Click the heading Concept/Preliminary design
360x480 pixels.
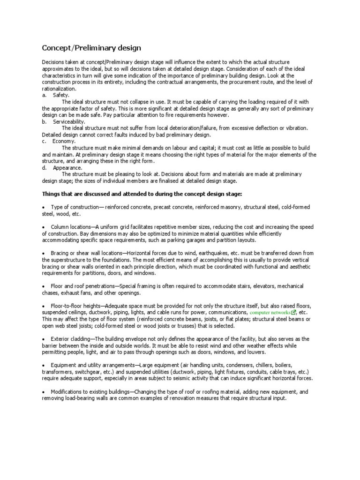(x=91, y=48)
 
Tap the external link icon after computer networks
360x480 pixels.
(x=293, y=312)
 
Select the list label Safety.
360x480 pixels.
(x=61, y=95)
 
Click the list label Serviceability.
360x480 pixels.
(x=68, y=121)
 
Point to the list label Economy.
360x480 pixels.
(x=64, y=141)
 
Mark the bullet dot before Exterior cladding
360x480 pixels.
(x=44, y=339)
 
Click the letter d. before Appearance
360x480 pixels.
(x=44, y=167)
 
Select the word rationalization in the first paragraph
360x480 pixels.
(x=59, y=89)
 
